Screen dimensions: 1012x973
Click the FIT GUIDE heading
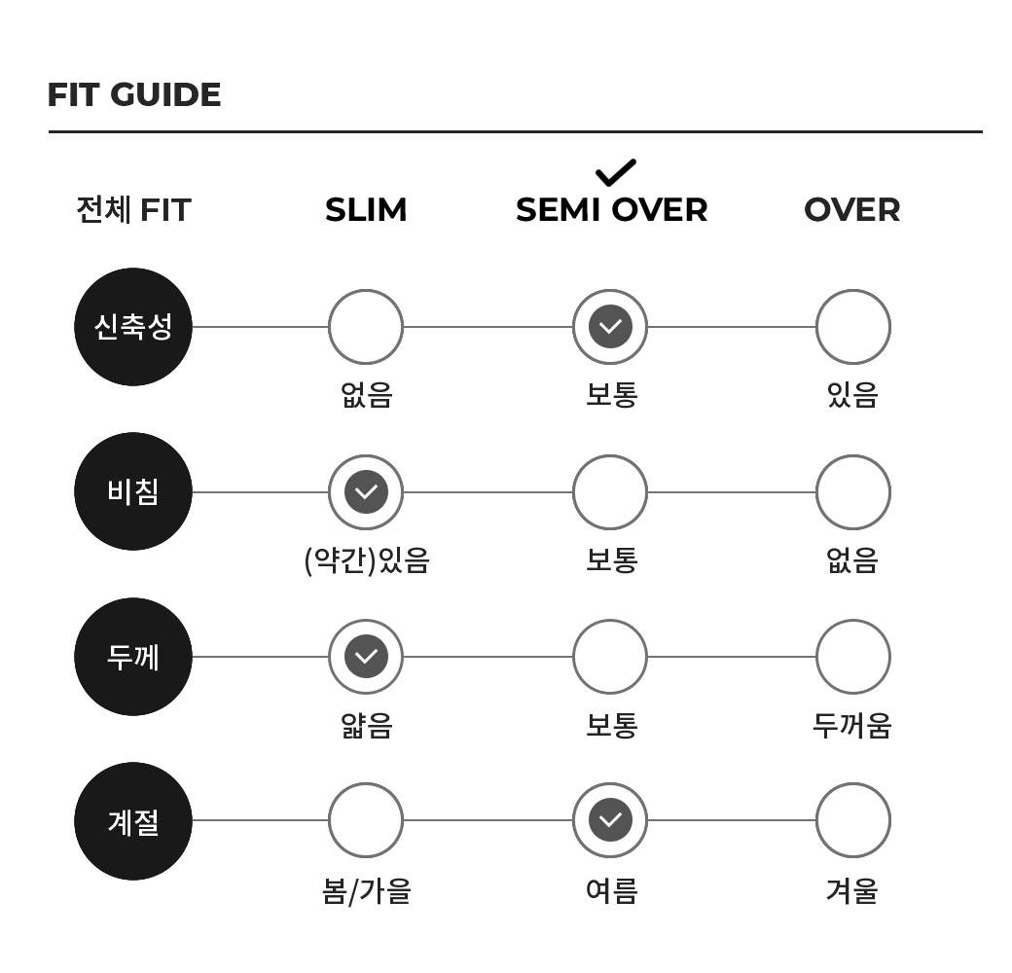click(x=134, y=94)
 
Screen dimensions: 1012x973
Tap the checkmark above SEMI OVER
click(x=616, y=172)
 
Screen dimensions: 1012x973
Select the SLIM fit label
click(x=366, y=210)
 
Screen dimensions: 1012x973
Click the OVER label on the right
click(x=852, y=210)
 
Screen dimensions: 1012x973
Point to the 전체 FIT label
click(x=133, y=210)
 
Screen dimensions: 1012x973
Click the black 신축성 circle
click(x=133, y=327)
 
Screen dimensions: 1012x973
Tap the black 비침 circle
click(x=133, y=491)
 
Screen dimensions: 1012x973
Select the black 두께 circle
click(x=133, y=657)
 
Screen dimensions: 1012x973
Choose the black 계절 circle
click(x=133, y=821)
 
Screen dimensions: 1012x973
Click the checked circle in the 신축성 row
click(x=610, y=327)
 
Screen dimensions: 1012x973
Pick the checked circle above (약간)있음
click(x=366, y=491)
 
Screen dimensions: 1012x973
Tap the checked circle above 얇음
click(x=366, y=657)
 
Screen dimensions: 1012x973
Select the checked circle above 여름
click(x=610, y=820)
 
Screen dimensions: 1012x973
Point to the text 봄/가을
click(x=367, y=891)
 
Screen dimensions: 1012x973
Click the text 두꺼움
click(x=852, y=725)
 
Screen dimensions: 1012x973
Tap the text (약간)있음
click(x=367, y=560)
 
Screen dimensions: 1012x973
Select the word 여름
click(x=611, y=891)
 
